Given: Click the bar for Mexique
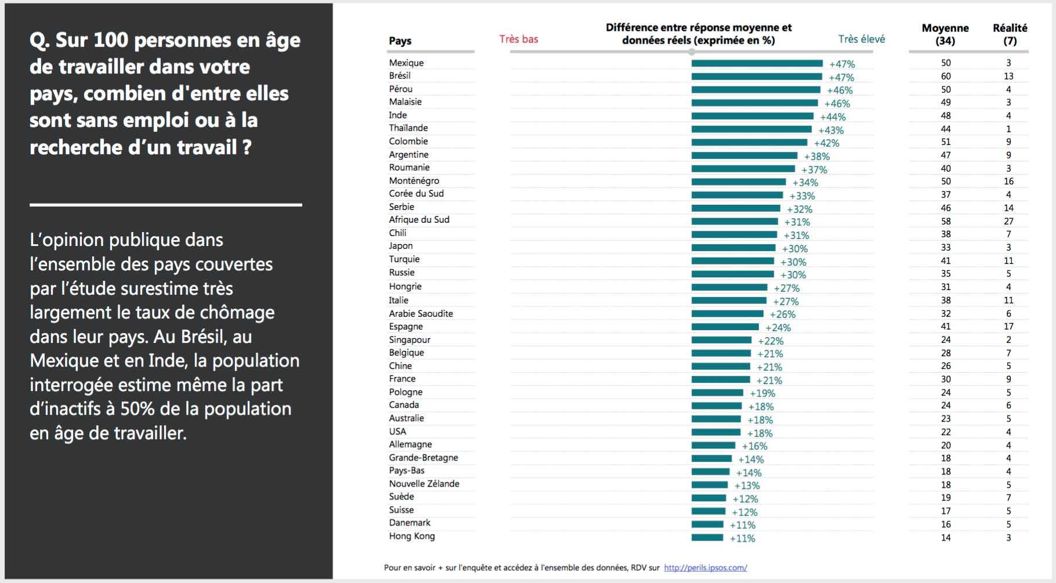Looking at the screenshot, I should [757, 63].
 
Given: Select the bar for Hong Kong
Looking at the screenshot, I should [707, 538].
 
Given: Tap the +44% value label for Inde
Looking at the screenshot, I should [833, 117].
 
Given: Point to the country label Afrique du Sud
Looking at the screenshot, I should [419, 220].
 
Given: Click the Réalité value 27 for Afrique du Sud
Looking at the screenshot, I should [1008, 221].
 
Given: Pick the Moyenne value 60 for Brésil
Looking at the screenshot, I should [946, 76].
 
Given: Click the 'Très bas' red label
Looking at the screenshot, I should [518, 39].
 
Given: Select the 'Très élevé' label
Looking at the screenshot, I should [861, 39].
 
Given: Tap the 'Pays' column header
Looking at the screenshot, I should [400, 41].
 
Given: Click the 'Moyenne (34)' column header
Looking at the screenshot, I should [945, 34].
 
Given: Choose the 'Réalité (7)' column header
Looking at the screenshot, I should [1010, 34].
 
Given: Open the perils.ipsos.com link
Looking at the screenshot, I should [705, 568].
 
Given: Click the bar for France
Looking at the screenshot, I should [721, 379].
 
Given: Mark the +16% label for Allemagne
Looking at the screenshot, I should [754, 446].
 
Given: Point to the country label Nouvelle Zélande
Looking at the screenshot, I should [424, 484].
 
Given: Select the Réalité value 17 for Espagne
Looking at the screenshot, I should [1008, 327].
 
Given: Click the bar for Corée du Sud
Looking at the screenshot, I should [737, 195].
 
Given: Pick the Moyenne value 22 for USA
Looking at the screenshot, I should [946, 432].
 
